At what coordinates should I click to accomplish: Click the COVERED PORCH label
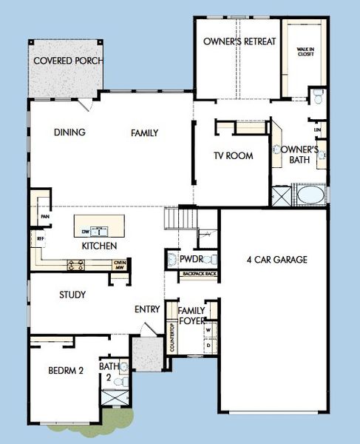click(67, 60)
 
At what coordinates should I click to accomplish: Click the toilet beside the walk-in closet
click(319, 95)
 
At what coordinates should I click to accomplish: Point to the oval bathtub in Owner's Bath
click(310, 196)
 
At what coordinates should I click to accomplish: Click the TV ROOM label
click(233, 156)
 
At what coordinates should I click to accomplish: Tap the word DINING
click(70, 133)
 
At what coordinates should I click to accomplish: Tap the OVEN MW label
click(118, 263)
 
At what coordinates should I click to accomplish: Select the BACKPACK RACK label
click(199, 275)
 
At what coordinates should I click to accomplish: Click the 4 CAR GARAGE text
click(276, 260)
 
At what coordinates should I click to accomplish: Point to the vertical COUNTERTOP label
click(172, 337)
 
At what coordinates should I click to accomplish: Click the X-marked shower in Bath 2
click(113, 397)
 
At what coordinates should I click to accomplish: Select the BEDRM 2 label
click(65, 371)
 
